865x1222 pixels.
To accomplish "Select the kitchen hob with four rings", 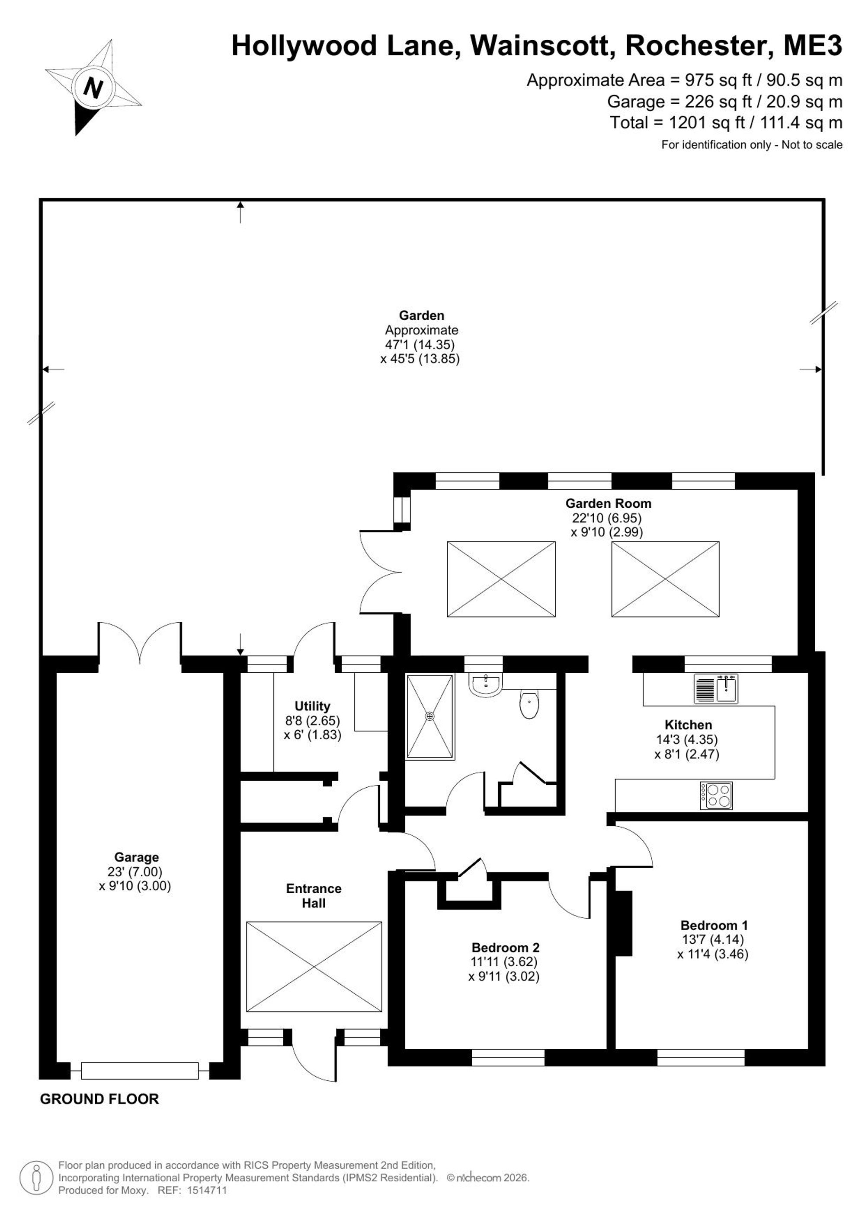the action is [x=716, y=796].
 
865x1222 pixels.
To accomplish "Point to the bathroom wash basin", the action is [x=485, y=684].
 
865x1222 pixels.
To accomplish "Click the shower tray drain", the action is [x=430, y=716].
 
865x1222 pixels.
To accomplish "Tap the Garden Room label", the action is [x=608, y=503].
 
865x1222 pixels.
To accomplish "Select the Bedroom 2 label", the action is [x=506, y=947].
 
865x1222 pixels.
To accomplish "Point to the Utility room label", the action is [x=312, y=706].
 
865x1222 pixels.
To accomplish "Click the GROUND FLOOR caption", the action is [x=99, y=1098].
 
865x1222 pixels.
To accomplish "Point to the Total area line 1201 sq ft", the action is [x=726, y=122].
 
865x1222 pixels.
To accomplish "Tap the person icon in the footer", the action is [x=37, y=1177].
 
